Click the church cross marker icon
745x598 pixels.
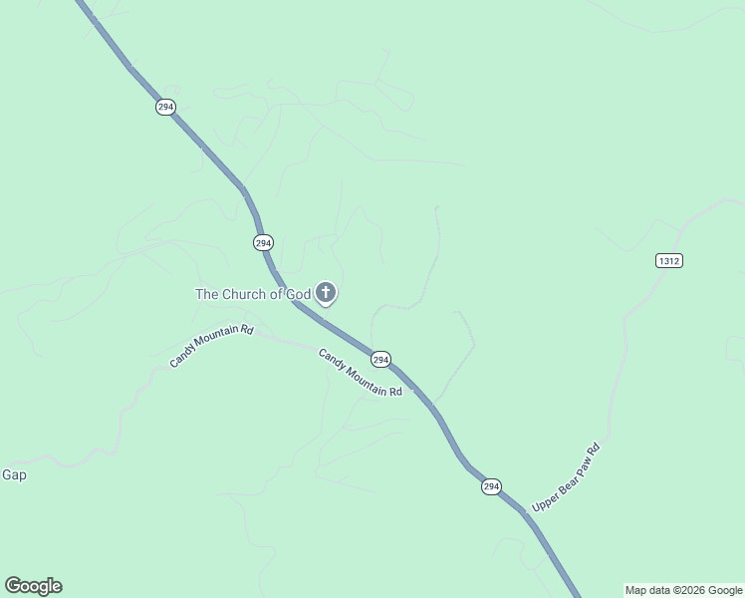[x=326, y=293]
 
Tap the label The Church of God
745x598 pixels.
[x=253, y=294]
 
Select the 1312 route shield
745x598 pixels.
[x=669, y=260]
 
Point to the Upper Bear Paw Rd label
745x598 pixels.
[x=568, y=477]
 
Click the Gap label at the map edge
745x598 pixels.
[x=14, y=475]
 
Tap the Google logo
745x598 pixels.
[x=33, y=586]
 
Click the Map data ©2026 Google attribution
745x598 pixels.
[x=683, y=591]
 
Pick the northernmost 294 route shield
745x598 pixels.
[x=165, y=107]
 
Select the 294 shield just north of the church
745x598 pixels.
[x=263, y=242]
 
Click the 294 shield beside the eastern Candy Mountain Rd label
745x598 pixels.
[x=380, y=359]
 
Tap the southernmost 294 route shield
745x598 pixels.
[x=491, y=486]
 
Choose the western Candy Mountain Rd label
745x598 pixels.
[x=211, y=346]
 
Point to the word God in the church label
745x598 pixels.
[x=299, y=294]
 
